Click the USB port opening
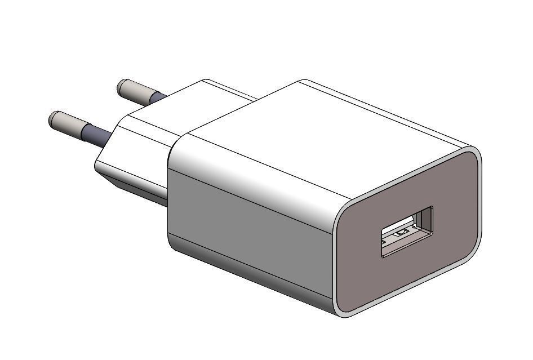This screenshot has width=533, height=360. (407, 232)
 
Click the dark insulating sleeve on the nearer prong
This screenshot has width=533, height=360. (96, 135)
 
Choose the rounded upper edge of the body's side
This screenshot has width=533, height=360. (254, 169)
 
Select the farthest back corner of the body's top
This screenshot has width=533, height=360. (304, 82)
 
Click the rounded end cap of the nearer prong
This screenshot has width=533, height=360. (52, 118)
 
